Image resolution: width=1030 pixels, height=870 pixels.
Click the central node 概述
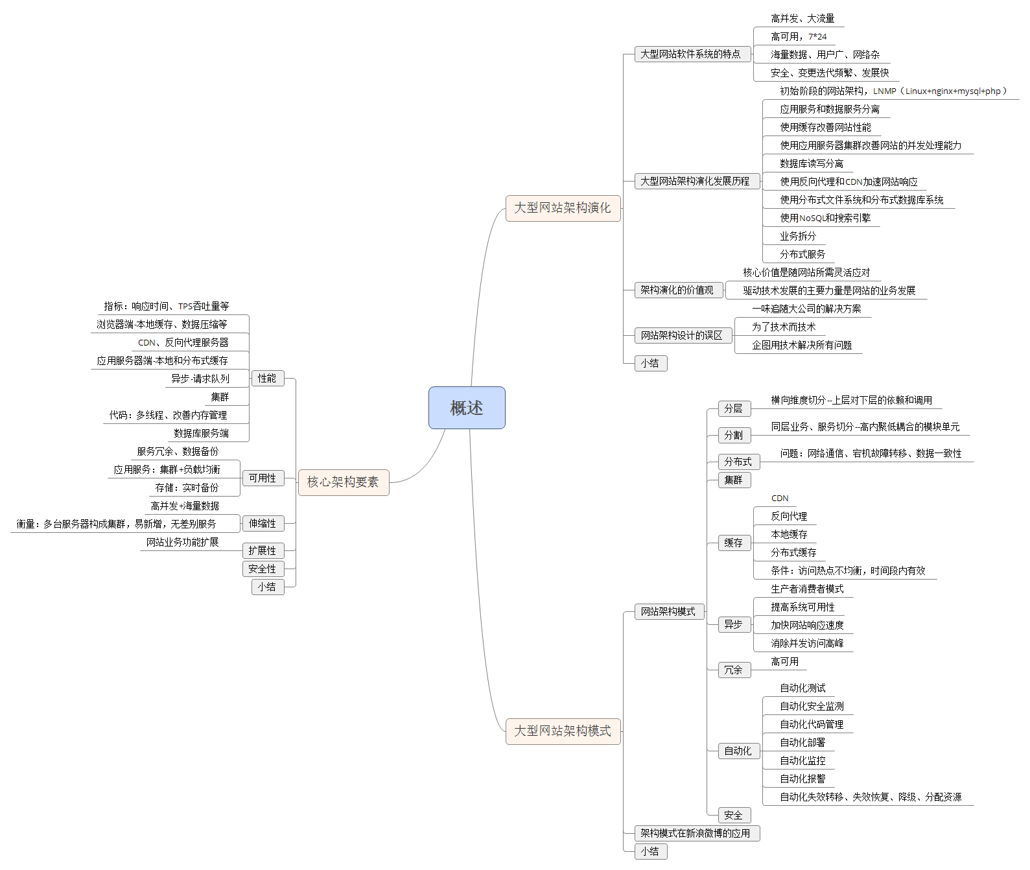pyautogui.click(x=467, y=408)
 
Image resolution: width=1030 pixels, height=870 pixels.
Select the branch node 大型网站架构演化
pyautogui.click(x=563, y=208)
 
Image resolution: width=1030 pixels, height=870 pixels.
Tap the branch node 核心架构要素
pyautogui.click(x=343, y=482)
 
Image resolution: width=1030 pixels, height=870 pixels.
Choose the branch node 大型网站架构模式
pyautogui.click(x=563, y=731)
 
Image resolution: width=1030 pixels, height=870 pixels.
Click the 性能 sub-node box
pyautogui.click(x=267, y=378)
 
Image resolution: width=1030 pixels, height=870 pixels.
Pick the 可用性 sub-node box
pyautogui.click(x=263, y=478)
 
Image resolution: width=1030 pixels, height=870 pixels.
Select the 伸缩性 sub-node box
pyautogui.click(x=263, y=523)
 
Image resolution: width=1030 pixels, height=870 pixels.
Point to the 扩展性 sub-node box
pyautogui.click(x=263, y=550)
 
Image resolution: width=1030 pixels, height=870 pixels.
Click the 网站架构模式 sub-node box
pyautogui.click(x=668, y=611)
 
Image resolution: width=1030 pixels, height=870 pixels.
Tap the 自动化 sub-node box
pyautogui.click(x=738, y=751)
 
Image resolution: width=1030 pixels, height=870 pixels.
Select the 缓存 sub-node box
pyautogui.click(x=734, y=543)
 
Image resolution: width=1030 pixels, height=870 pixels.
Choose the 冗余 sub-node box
pyautogui.click(x=734, y=670)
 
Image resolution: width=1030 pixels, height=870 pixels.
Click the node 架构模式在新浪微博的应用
pyautogui.click(x=696, y=833)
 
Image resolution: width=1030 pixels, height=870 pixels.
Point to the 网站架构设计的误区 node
pyautogui.click(x=682, y=335)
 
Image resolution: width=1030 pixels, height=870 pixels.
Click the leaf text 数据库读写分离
pyautogui.click(x=812, y=163)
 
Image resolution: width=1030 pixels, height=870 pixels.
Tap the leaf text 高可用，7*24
pyautogui.click(x=799, y=37)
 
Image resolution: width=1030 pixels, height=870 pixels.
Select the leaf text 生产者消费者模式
pyautogui.click(x=807, y=589)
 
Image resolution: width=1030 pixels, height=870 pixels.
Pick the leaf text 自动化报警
pyautogui.click(x=802, y=779)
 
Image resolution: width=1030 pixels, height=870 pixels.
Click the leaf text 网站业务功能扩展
pyautogui.click(x=183, y=542)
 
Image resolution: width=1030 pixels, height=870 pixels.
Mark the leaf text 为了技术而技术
pyautogui.click(x=784, y=327)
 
